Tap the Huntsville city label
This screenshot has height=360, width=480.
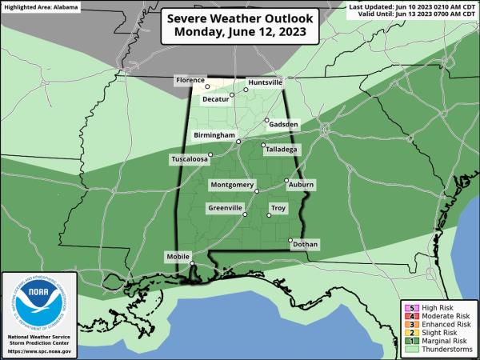click(x=265, y=82)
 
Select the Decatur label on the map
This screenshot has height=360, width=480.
click(x=216, y=100)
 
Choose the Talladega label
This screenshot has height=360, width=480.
click(x=281, y=149)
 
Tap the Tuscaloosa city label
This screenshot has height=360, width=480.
click(x=190, y=159)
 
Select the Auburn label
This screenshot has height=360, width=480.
click(x=302, y=185)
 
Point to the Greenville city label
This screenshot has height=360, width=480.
click(x=225, y=208)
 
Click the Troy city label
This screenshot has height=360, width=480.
click(x=278, y=208)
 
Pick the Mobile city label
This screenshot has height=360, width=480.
click(x=178, y=256)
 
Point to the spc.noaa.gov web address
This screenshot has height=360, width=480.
click(x=39, y=351)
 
